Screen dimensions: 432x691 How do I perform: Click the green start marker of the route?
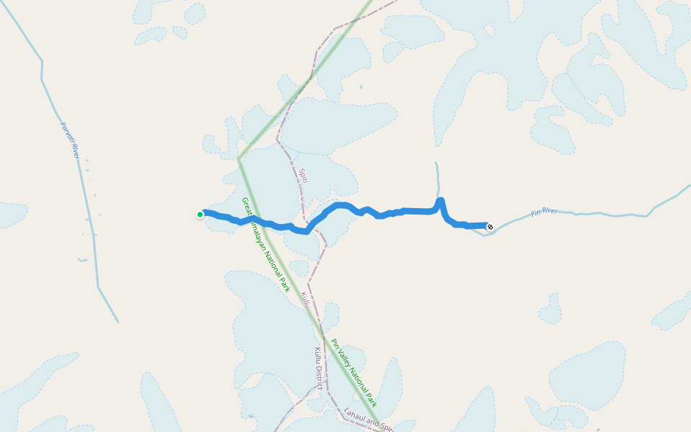click(x=200, y=214)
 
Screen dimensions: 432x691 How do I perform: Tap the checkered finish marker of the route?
click(x=490, y=227)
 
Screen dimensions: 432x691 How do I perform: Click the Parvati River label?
click(x=68, y=140)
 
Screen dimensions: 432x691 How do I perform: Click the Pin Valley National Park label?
click(x=353, y=373)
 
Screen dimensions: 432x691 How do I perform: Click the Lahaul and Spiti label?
click(x=369, y=420)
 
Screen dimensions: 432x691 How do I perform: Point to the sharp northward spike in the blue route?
click(x=441, y=201)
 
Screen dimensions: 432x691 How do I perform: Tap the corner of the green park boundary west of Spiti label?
click(x=239, y=158)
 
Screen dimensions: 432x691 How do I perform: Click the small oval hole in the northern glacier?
click(x=489, y=30)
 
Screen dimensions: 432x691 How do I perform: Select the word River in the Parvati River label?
click(x=73, y=149)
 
